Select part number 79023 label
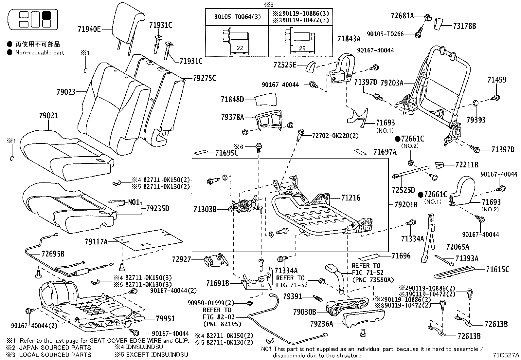[66, 92]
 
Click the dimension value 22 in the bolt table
[240, 48]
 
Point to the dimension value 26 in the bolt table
[302, 48]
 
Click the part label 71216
[350, 198]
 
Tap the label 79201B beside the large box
[406, 205]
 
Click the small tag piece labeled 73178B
[438, 24]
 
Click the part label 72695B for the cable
[53, 253]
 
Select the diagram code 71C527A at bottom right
[507, 355]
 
